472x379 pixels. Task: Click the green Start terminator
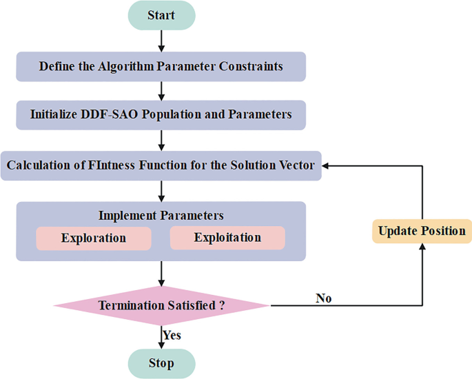pyautogui.click(x=161, y=15)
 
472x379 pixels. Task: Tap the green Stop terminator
pyautogui.click(x=161, y=362)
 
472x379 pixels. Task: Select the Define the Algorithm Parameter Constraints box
pyautogui.click(x=161, y=67)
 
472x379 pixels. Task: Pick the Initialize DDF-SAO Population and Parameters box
pyautogui.click(x=161, y=114)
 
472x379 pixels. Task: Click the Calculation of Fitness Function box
pyautogui.click(x=161, y=165)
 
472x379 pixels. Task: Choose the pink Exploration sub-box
pyautogui.click(x=94, y=238)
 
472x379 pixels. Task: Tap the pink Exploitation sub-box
pyautogui.click(x=227, y=238)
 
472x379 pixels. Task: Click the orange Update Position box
pyautogui.click(x=422, y=231)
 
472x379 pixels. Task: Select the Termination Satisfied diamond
pyautogui.click(x=161, y=305)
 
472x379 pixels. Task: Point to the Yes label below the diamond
pyautogui.click(x=172, y=336)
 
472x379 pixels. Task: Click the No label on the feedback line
pyautogui.click(x=324, y=298)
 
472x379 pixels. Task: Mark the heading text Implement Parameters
pyautogui.click(x=161, y=216)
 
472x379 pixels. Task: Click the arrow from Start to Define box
pyautogui.click(x=161, y=41)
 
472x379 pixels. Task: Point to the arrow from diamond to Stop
pyautogui.click(x=161, y=338)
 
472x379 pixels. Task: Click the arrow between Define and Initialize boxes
pyautogui.click(x=161, y=90)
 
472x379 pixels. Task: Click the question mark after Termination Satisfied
pyautogui.click(x=222, y=305)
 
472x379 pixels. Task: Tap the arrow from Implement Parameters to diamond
pyautogui.click(x=161, y=273)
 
